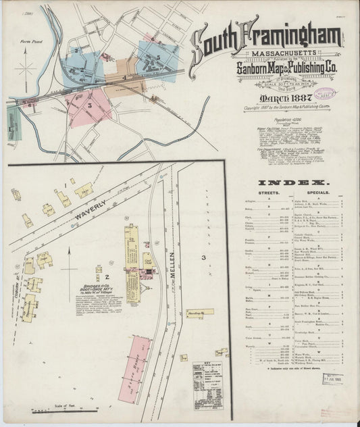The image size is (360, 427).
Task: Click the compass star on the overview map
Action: tap(27, 69)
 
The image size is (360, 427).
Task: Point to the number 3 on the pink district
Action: tap(89, 106)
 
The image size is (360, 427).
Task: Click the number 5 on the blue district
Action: tap(158, 59)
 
